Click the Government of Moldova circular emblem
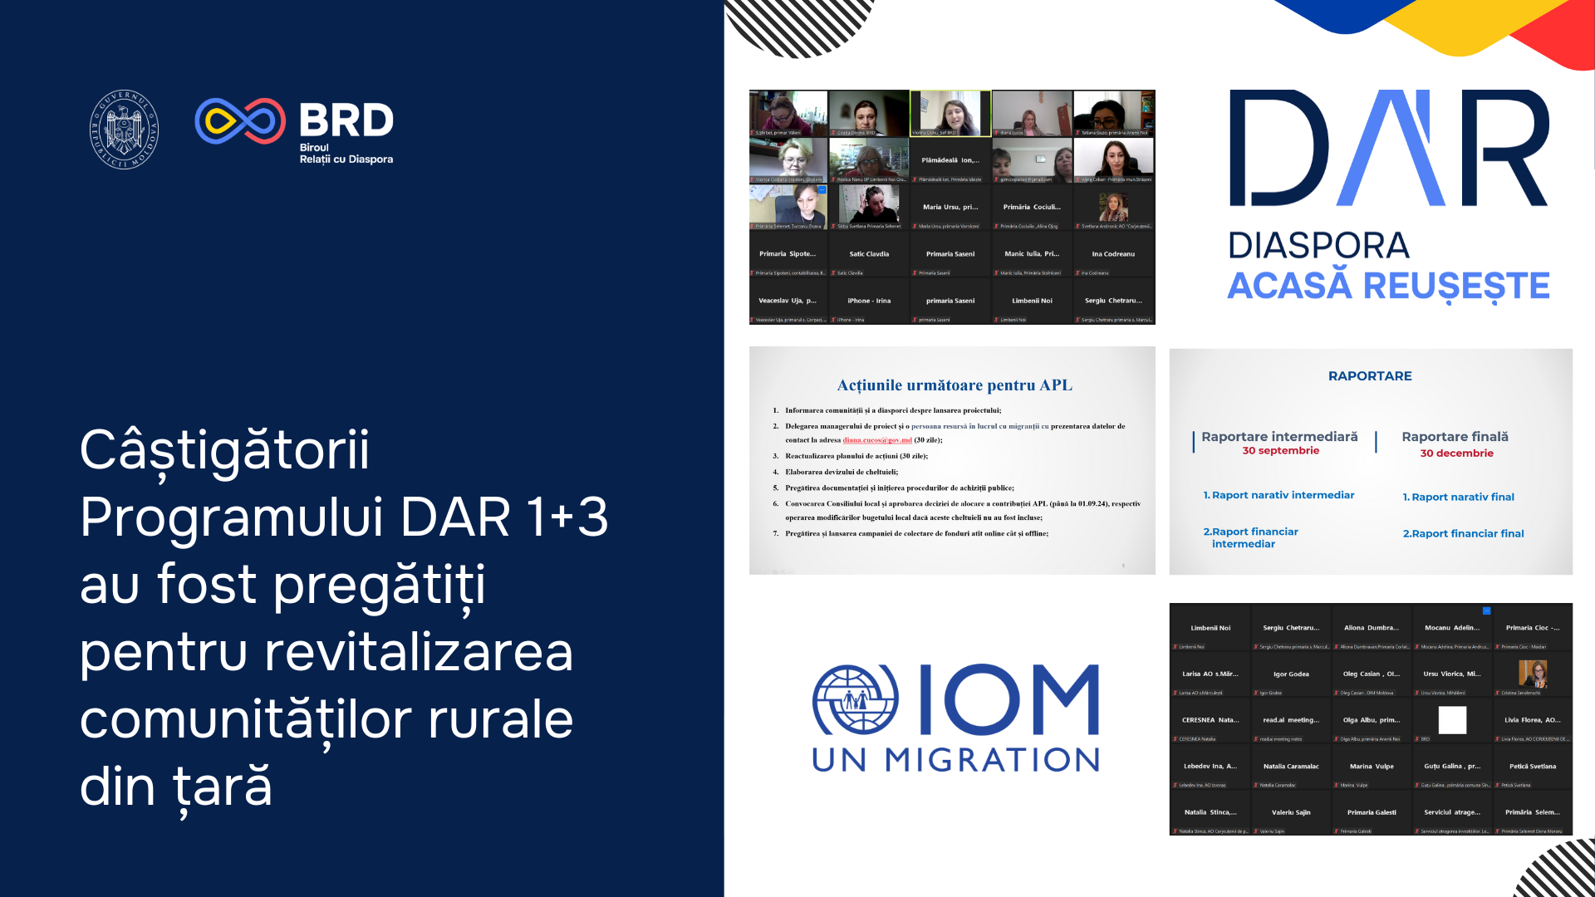pos(124,130)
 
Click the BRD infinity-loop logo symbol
pos(240,121)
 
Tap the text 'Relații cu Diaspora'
pos(346,159)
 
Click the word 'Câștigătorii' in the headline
pos(224,450)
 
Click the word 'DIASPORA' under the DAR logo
pos(1318,246)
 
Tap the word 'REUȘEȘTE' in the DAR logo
pos(1456,287)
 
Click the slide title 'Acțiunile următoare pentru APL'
pos(954,385)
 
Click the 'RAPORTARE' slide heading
pos(1370,376)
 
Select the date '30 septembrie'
pos(1280,451)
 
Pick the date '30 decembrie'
pos(1456,453)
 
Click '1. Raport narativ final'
pos(1458,498)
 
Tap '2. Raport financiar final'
pos(1463,534)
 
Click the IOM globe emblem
pos(855,699)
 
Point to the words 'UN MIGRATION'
pos(955,760)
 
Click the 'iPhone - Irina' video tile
pos(869,301)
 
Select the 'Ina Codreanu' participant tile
pos(1113,254)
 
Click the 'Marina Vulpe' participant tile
pos(1372,767)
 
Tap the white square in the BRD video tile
pos(1452,719)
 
